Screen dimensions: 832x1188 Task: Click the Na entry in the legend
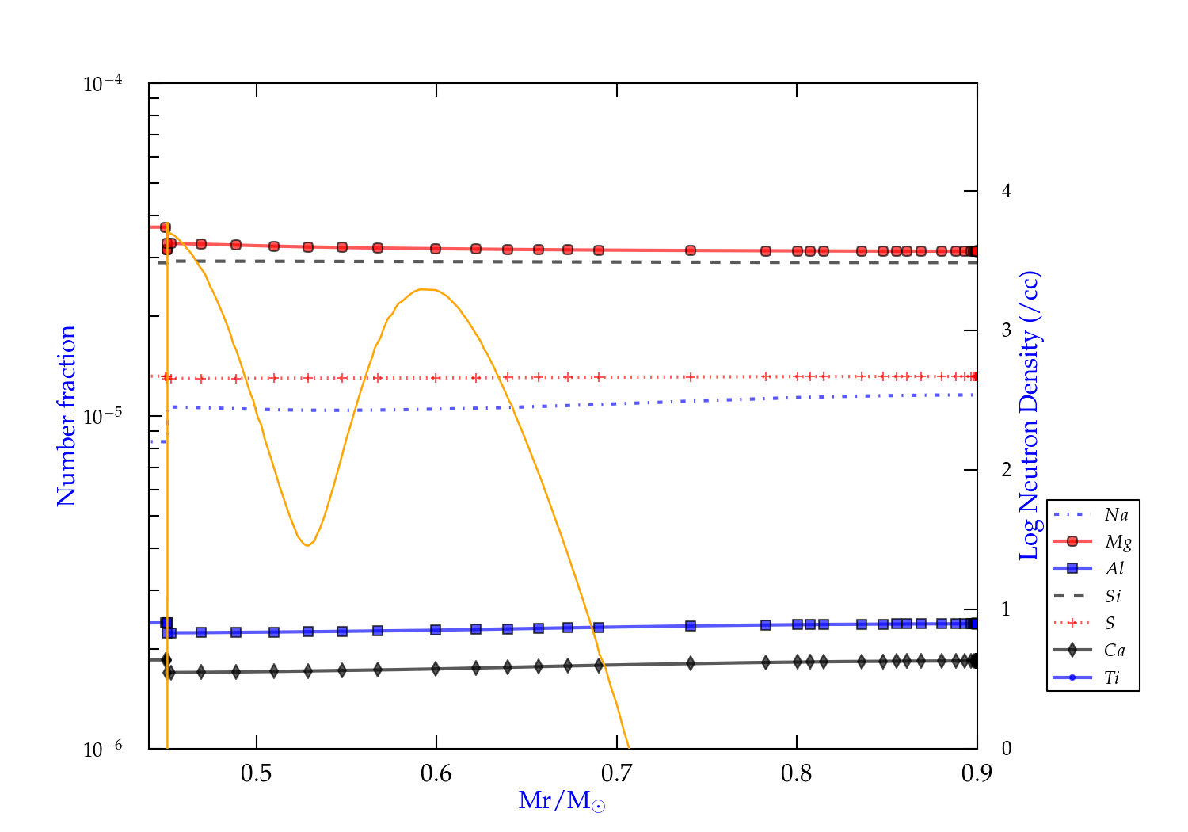click(1116, 515)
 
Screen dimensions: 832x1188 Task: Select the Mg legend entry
click(1118, 542)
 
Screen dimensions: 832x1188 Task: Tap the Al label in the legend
click(1115, 569)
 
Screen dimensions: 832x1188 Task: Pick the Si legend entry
click(1113, 596)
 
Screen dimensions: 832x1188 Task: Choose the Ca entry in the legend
click(1114, 651)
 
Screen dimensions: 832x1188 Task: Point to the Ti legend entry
click(1112, 677)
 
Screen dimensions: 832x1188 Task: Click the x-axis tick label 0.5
click(256, 773)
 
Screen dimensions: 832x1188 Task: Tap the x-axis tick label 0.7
click(616, 773)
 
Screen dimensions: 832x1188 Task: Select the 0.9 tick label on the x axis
click(977, 773)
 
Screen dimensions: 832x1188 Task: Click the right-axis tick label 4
click(1007, 191)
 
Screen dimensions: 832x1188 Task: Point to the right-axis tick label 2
click(1007, 470)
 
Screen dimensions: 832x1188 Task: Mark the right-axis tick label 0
click(1007, 749)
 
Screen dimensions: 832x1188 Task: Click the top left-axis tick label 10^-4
click(103, 83)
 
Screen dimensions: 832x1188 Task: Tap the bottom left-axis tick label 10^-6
click(103, 749)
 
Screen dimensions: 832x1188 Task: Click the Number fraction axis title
click(67, 416)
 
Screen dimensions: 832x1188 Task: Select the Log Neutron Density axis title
click(1029, 416)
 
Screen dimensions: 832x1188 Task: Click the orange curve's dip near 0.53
click(307, 545)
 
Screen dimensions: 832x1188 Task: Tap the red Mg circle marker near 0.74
click(691, 250)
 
